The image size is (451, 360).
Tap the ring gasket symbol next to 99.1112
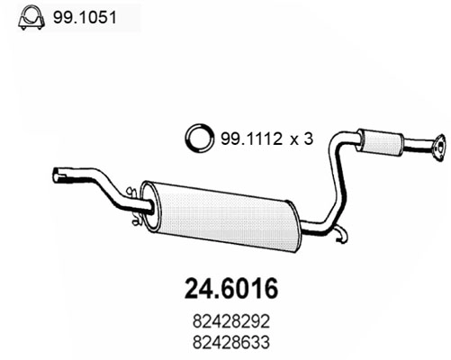click(x=196, y=139)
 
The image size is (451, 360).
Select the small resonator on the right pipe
click(x=380, y=142)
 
